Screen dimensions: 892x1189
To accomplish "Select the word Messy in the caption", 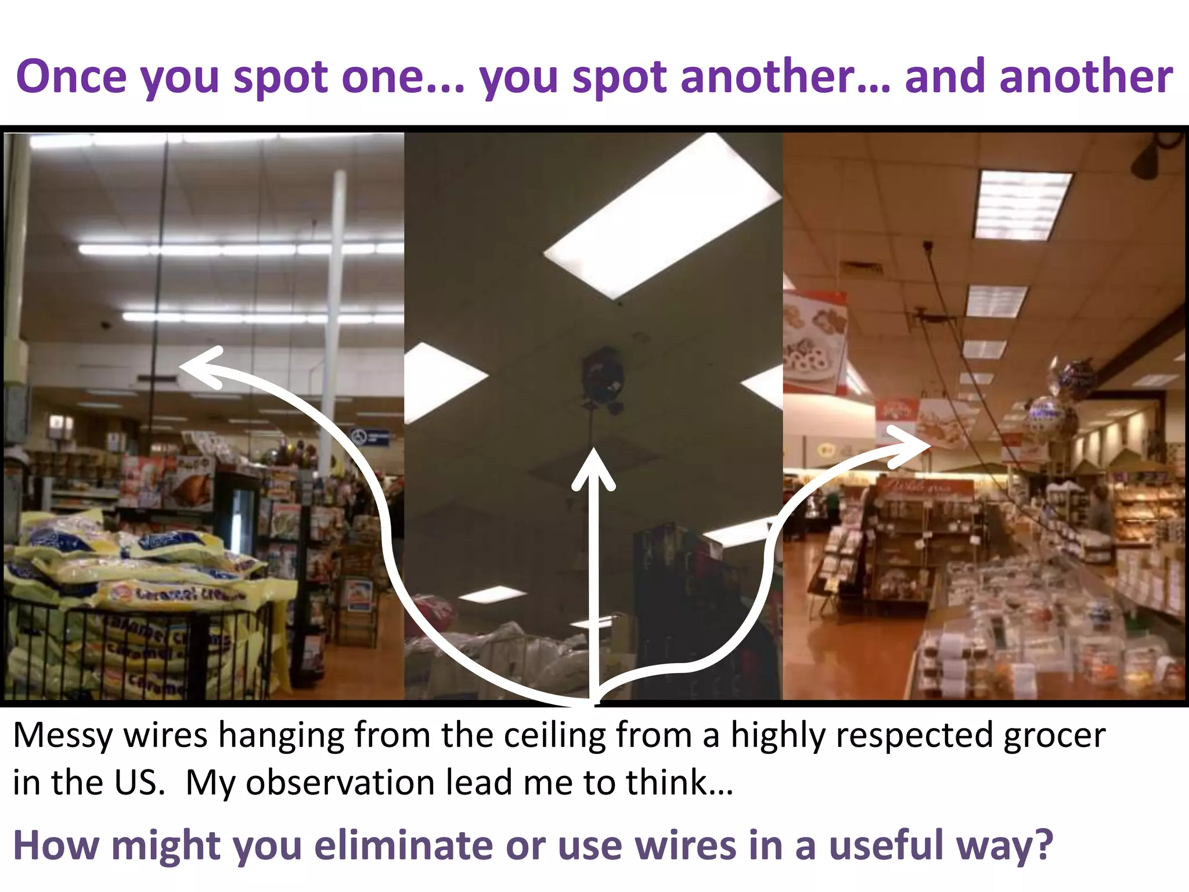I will tap(62, 736).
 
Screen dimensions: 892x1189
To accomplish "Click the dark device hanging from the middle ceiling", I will tap(603, 377).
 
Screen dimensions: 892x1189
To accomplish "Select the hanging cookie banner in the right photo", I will tap(813, 343).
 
